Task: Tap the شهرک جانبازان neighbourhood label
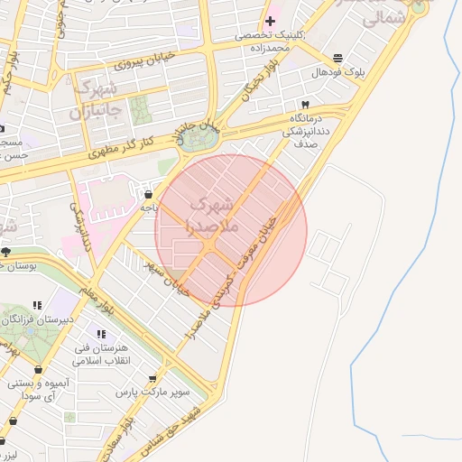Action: click(x=93, y=101)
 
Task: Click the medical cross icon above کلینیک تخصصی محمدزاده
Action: click(x=270, y=20)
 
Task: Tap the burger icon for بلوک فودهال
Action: click(x=337, y=57)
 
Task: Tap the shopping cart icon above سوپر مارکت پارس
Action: click(x=152, y=379)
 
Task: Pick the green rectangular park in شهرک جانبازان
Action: click(x=141, y=111)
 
